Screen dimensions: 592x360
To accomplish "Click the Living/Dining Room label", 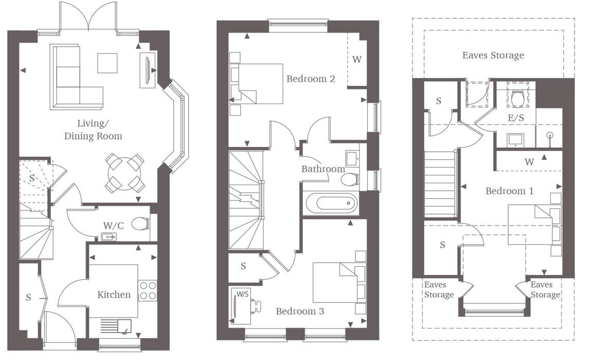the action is click(93, 130).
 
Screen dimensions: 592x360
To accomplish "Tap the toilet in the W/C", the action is click(141, 224).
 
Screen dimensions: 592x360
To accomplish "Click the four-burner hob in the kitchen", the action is click(148, 290).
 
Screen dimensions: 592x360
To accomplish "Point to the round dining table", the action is click(124, 173).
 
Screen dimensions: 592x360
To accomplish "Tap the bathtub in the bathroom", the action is click(331, 203).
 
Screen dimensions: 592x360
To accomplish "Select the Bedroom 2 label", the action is click(311, 79).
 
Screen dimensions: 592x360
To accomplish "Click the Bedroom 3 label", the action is click(300, 311).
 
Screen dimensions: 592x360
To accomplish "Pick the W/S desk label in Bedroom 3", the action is click(242, 294).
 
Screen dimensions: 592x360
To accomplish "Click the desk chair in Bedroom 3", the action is click(256, 305).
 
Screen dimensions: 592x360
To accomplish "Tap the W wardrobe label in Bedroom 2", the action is click(357, 59).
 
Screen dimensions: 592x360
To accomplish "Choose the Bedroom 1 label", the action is click(509, 191).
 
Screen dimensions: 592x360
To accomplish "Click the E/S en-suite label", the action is click(516, 118).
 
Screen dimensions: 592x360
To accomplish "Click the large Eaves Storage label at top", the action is click(493, 56).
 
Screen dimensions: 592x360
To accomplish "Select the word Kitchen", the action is click(114, 294).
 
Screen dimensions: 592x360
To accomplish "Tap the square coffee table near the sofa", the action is click(107, 63).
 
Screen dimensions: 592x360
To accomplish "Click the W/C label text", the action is click(113, 226).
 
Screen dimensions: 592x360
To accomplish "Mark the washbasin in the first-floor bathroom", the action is click(353, 159).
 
